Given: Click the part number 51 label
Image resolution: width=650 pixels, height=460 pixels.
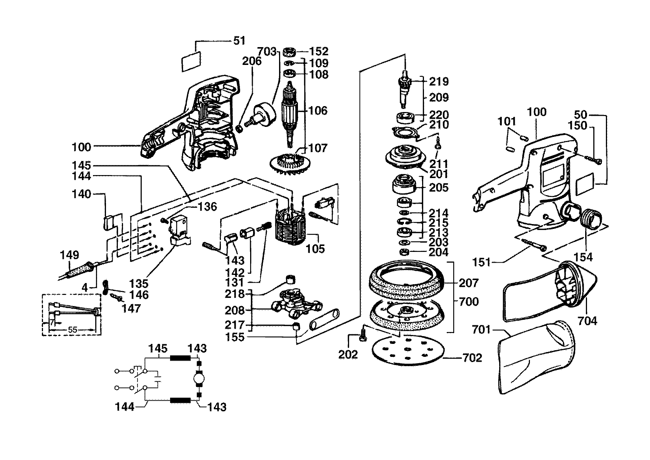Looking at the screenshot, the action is click(x=239, y=40).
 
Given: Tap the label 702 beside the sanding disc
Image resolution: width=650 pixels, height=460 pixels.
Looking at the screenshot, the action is click(x=472, y=358).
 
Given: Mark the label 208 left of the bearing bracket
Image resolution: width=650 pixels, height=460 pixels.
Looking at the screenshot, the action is click(x=235, y=310).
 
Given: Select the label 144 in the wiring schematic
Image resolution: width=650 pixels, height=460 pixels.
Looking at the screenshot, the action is click(x=125, y=407).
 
